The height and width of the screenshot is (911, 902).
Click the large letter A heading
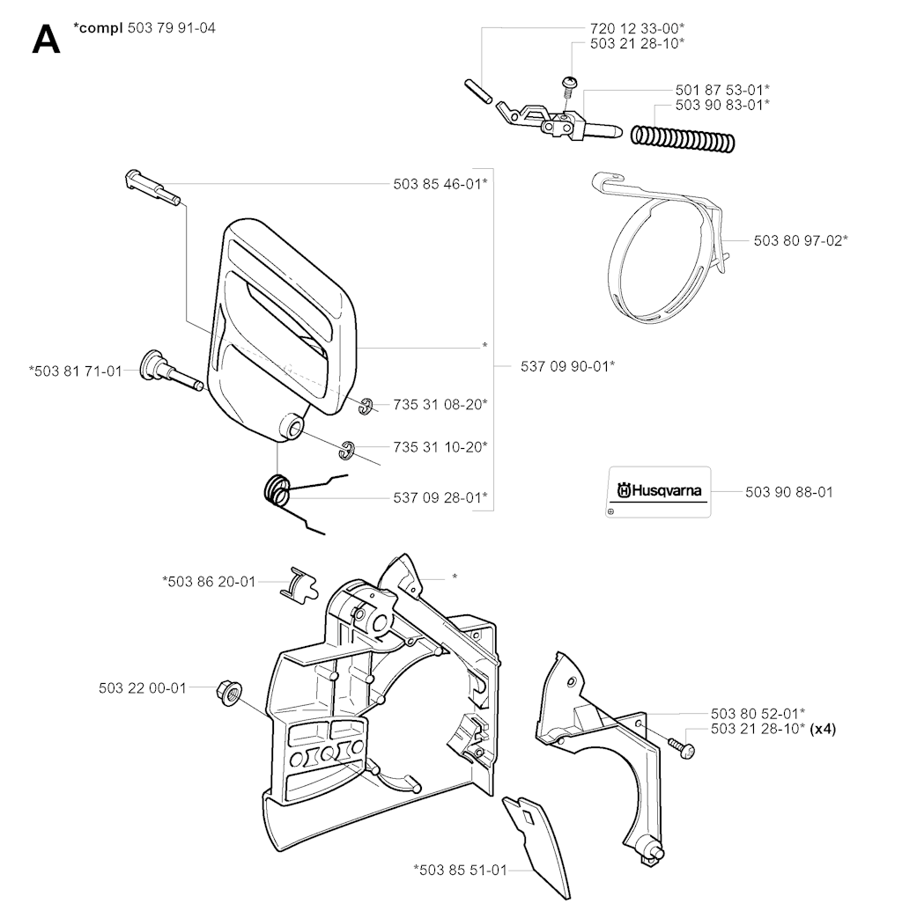click(x=46, y=39)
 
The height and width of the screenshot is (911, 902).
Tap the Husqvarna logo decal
click(x=659, y=491)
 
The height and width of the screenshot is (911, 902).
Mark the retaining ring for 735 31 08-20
click(x=366, y=406)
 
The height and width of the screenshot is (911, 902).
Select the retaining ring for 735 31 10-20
click(x=347, y=450)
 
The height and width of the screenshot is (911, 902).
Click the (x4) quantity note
click(x=824, y=729)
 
